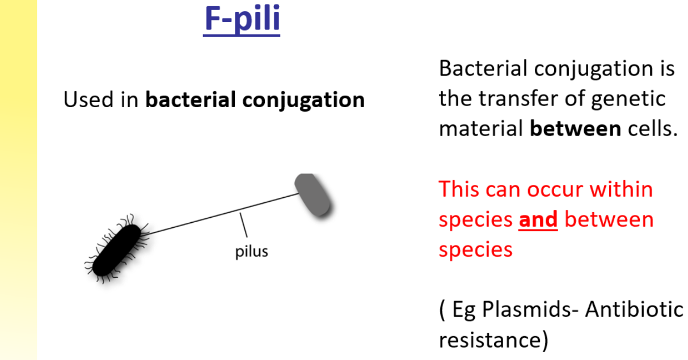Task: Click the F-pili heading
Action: [x=242, y=19]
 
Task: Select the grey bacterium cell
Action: [x=313, y=195]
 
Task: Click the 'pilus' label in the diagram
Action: [x=251, y=251]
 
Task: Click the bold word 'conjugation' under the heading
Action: [x=303, y=100]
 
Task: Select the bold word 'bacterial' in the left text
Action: [x=191, y=100]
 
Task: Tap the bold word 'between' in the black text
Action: [x=575, y=129]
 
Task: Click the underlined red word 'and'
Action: [x=538, y=219]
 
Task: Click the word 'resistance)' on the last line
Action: [x=493, y=340]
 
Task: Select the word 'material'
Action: [x=480, y=129]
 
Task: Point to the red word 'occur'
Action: [x=554, y=189]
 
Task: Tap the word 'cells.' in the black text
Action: [x=653, y=129]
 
